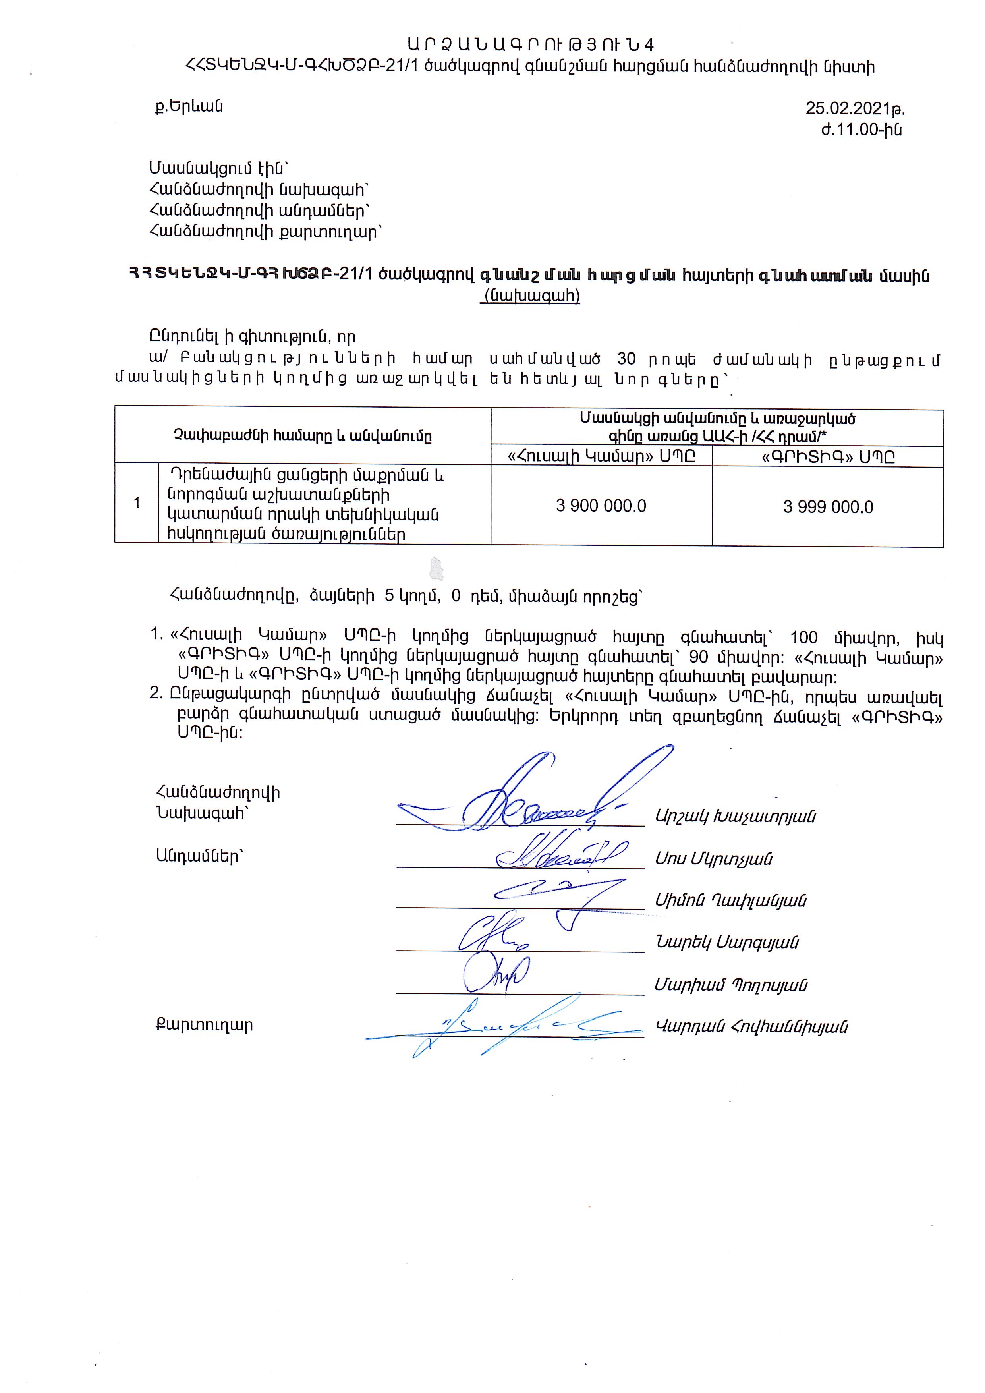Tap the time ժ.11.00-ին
coord(861,130)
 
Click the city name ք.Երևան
coord(189,107)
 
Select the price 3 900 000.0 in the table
coord(601,506)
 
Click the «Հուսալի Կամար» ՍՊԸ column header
coord(601,456)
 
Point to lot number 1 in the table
coord(137,503)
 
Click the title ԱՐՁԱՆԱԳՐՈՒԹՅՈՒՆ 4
coord(531,45)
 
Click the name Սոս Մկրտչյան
coord(713,858)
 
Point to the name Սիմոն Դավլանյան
coord(730,901)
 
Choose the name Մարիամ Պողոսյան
coord(730,985)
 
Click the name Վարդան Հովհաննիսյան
coord(751,1026)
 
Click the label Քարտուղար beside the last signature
coord(204,1025)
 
